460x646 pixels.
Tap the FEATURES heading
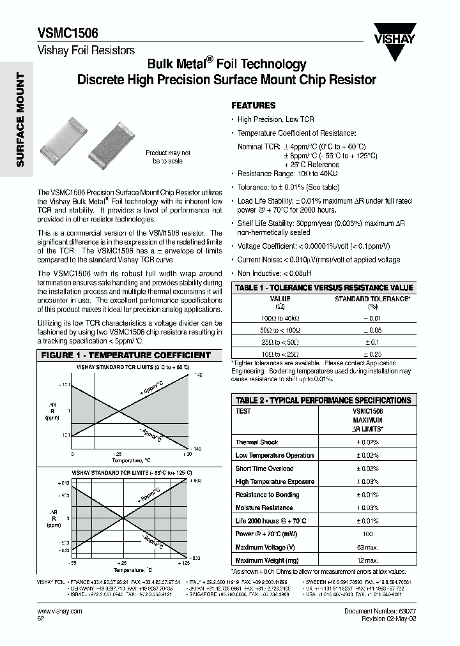click(253, 105)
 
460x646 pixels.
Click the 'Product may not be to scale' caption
click(168, 157)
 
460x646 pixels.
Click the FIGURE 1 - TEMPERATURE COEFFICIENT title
click(126, 355)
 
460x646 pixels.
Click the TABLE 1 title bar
click(324, 288)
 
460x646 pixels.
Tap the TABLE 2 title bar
click(323, 400)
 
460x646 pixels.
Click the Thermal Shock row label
click(256, 442)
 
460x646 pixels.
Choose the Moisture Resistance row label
click(264, 507)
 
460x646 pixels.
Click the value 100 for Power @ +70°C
click(367, 534)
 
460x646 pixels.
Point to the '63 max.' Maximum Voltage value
click(367, 547)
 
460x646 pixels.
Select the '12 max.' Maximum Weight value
click(367, 560)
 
